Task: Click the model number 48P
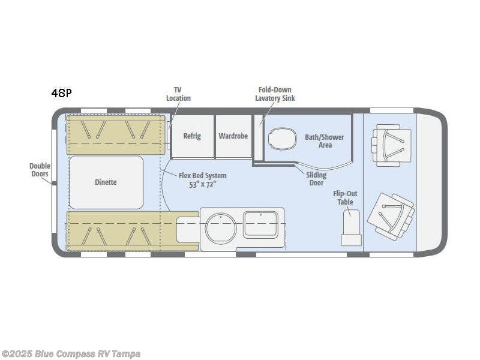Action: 61,93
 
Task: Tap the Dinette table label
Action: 106,182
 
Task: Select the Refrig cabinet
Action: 192,136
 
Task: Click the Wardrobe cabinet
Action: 233,136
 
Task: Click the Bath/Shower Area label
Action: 324,141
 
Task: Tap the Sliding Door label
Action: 317,179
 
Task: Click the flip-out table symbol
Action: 351,227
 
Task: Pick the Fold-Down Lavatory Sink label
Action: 275,94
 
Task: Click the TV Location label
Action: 178,94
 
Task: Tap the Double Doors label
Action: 40,170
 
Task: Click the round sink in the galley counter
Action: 220,228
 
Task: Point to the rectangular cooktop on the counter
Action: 260,224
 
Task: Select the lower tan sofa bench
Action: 114,230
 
